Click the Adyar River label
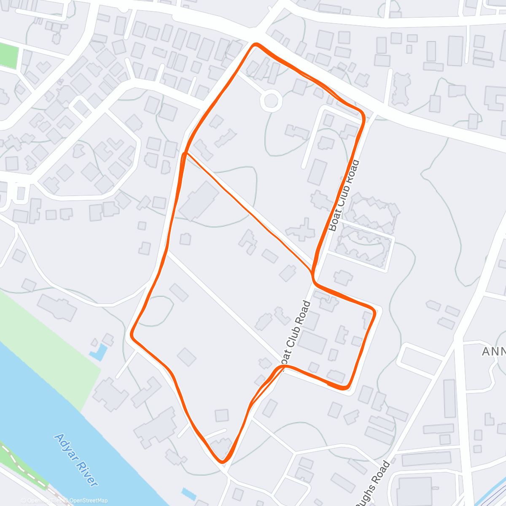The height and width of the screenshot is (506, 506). click(76, 460)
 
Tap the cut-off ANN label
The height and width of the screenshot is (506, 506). click(493, 351)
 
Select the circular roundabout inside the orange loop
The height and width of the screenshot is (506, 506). click(271, 101)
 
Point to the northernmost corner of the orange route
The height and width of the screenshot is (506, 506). click(255, 44)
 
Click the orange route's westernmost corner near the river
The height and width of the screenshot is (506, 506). click(132, 335)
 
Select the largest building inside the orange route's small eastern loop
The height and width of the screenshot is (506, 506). click(312, 342)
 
